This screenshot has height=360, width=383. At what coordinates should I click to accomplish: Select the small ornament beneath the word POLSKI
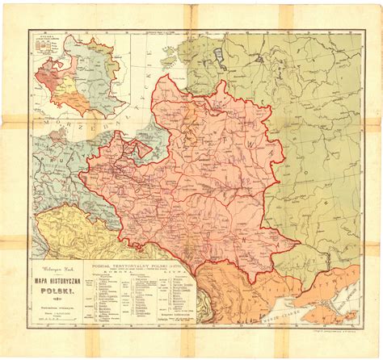[61, 295]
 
